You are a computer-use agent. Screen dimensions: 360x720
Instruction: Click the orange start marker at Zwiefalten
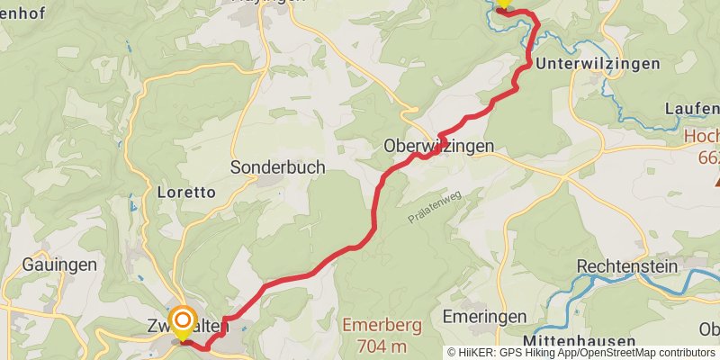click(x=183, y=322)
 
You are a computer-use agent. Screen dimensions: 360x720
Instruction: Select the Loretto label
click(x=185, y=192)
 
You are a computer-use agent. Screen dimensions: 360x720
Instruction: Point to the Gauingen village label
click(x=58, y=265)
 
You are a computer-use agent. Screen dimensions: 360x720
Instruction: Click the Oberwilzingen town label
click(x=438, y=146)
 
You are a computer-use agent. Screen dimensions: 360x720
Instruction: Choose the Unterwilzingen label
click(x=598, y=65)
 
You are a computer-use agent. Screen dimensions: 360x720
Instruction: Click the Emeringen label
click(x=485, y=317)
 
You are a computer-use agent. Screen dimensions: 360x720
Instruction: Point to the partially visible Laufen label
click(x=692, y=109)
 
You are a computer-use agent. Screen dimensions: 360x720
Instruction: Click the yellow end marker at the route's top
click(x=502, y=4)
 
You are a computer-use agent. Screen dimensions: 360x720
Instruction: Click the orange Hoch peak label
click(x=702, y=137)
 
